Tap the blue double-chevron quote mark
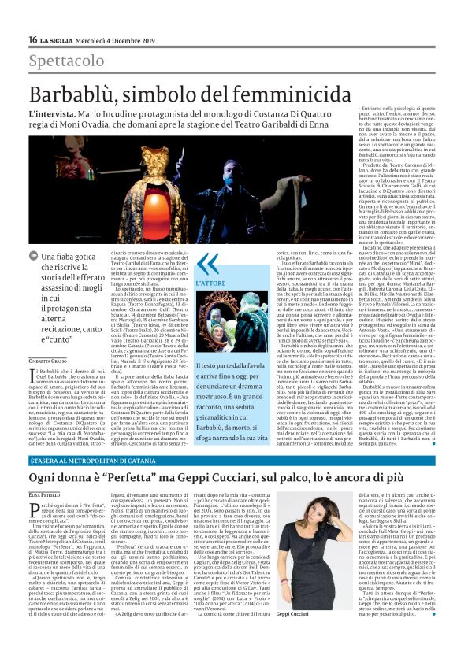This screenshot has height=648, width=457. coord(207,263)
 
